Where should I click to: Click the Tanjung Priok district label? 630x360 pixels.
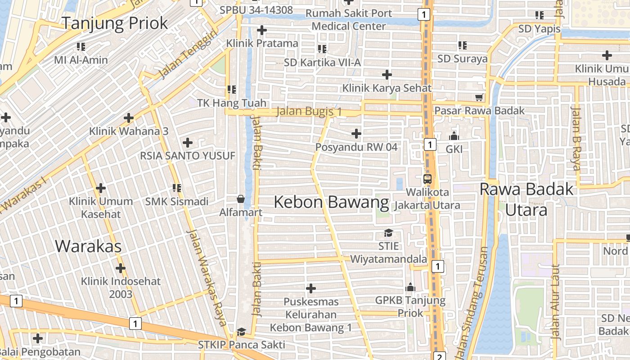(x=115, y=23)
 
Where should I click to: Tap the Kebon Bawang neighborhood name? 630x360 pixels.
(x=331, y=202)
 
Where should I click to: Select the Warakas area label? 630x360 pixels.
(x=88, y=246)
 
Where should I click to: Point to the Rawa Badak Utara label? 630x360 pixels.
(x=526, y=199)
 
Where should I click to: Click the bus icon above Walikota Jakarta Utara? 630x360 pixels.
(x=427, y=179)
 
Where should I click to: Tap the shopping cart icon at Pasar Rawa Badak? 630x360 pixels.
(x=479, y=97)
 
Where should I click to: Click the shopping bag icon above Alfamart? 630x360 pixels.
(x=241, y=199)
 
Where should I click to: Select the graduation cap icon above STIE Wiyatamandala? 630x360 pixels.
(x=388, y=233)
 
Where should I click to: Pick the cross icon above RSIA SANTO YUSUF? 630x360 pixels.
(x=188, y=143)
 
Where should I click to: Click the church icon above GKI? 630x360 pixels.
(x=454, y=135)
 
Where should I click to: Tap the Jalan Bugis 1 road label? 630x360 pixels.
(x=309, y=111)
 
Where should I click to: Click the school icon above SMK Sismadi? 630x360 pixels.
(x=176, y=188)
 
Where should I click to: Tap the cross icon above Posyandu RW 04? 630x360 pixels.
(x=356, y=133)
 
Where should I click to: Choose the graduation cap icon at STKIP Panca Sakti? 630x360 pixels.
(x=241, y=332)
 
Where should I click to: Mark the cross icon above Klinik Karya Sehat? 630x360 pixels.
(x=387, y=74)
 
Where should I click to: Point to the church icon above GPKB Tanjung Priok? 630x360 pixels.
(x=410, y=287)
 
